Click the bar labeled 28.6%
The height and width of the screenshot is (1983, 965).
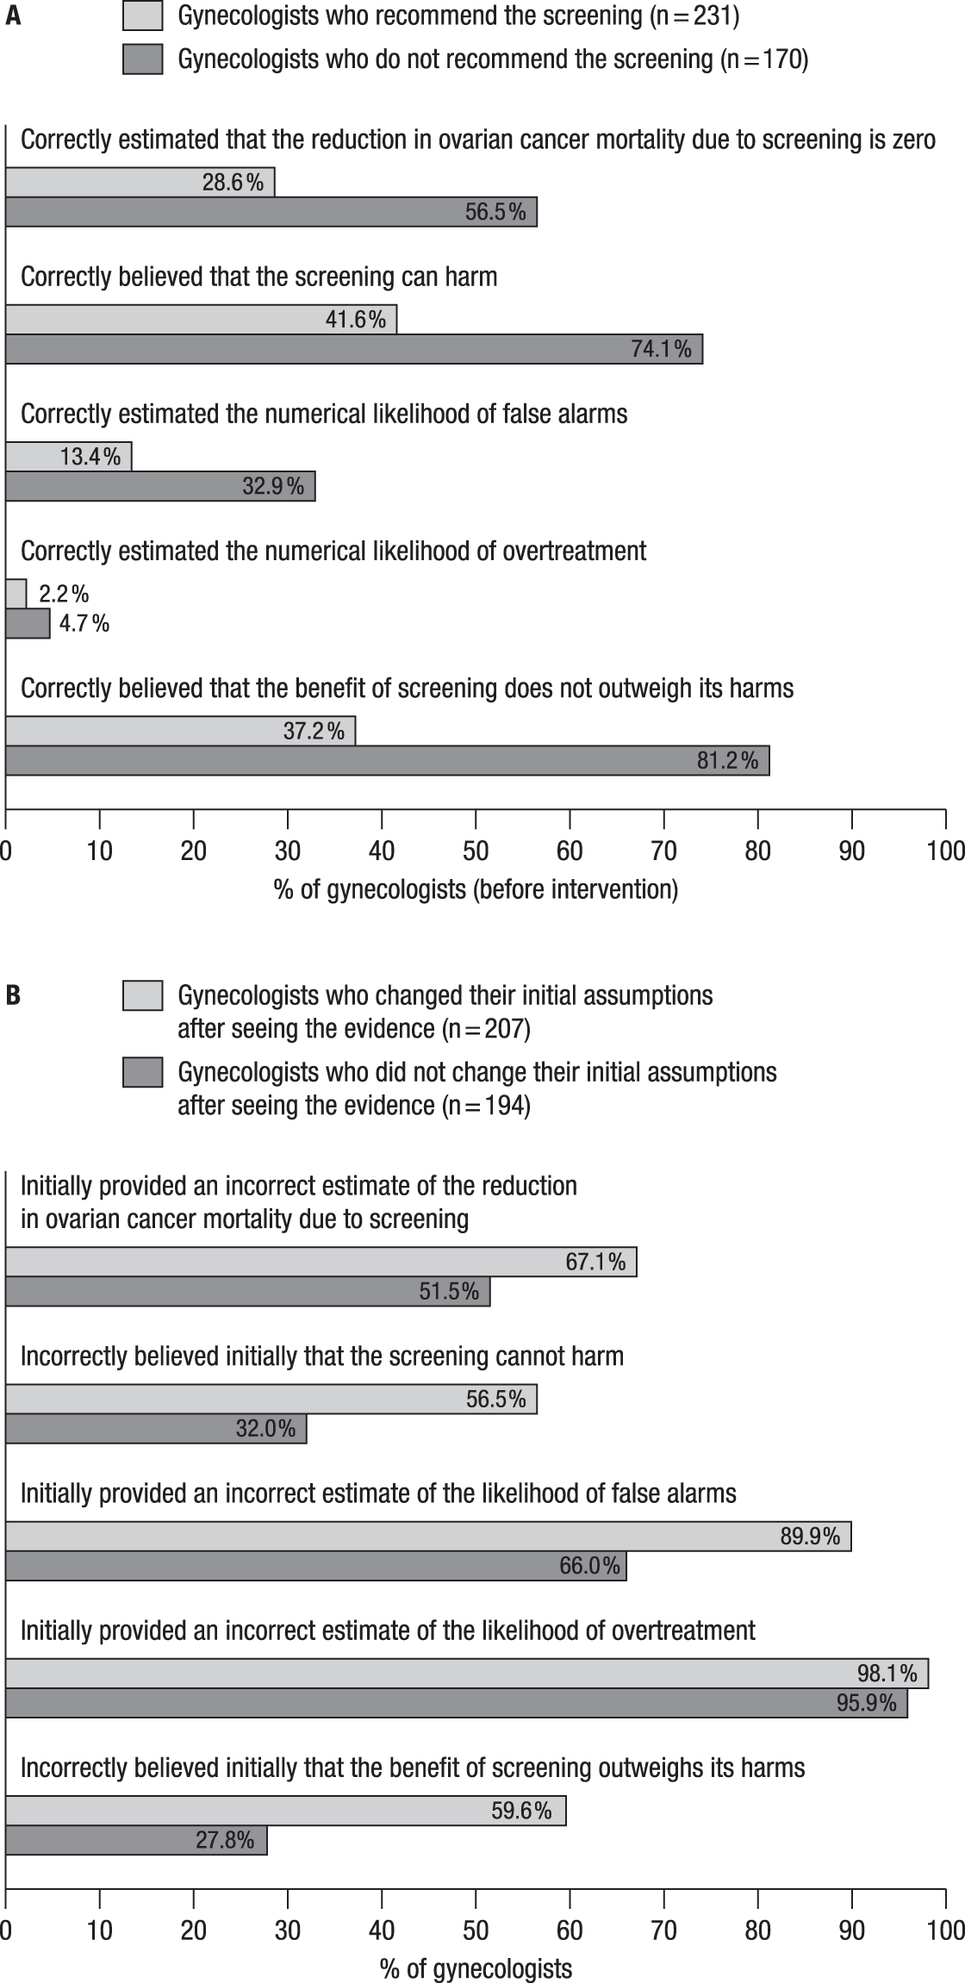pos(140,183)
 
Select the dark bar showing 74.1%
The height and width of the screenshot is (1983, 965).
pos(353,349)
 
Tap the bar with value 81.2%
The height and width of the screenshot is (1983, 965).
pos(387,761)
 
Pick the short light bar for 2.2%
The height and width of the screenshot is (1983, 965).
pos(16,594)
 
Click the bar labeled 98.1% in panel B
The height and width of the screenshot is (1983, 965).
pos(466,1673)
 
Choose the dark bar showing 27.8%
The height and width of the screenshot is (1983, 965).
pos(136,1840)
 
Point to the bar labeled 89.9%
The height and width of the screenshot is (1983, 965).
pos(428,1536)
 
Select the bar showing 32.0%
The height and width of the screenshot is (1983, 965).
pos(156,1428)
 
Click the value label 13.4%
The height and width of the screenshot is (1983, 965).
pos(90,457)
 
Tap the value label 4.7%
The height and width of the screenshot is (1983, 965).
pos(84,623)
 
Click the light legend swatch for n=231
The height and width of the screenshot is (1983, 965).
pos(142,16)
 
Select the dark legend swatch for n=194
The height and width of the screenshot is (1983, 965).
pos(142,1072)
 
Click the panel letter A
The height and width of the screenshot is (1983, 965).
pos(13,16)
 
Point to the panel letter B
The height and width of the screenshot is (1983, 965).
pos(13,995)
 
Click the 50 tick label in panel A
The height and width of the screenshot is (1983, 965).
pos(476,851)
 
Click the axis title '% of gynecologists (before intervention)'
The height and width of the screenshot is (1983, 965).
pos(476,889)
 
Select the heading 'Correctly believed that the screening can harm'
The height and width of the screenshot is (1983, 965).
pos(258,277)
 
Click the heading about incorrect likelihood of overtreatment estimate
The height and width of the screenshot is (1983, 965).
pos(388,1631)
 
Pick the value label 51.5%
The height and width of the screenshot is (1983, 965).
pos(449,1291)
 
